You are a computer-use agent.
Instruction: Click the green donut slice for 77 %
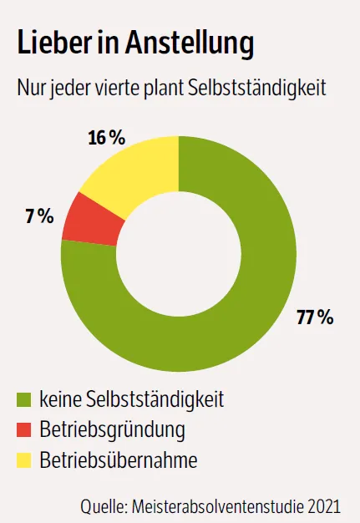point(251,309)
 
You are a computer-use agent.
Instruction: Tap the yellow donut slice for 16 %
point(134,171)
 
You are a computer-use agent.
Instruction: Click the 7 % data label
point(39,216)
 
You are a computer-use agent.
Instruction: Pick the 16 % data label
point(109,137)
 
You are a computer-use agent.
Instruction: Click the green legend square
point(24,400)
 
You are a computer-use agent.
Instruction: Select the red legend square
point(24,430)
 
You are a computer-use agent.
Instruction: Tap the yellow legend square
point(24,460)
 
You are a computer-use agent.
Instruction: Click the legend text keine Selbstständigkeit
point(132,400)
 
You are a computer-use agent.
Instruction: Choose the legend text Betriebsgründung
point(112,430)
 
